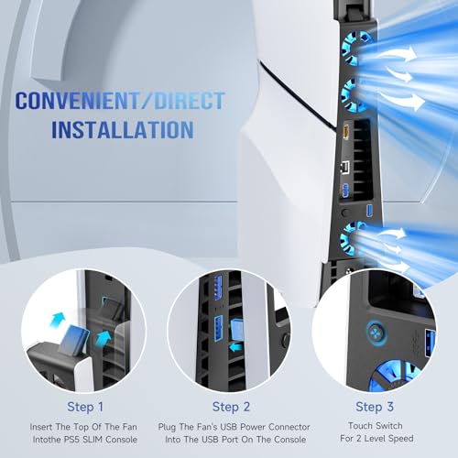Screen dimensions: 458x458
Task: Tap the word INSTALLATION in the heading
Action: tap(122, 128)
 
